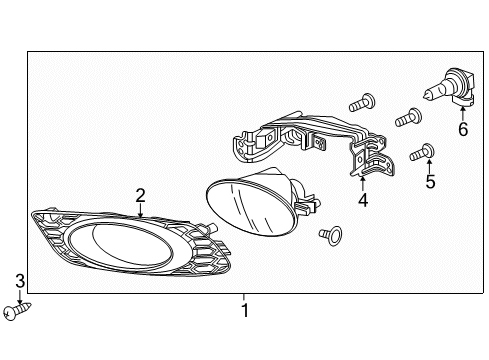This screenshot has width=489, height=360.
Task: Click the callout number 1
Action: pos(245,310)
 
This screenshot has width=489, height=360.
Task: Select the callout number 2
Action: pos(140,196)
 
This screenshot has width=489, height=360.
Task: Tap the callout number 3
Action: pos(20,281)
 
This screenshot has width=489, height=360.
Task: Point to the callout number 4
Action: pos(363,200)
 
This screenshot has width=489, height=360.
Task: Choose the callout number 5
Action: pos(430,181)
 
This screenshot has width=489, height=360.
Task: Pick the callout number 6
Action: pos(463,129)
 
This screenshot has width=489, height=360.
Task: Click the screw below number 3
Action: pos(16,311)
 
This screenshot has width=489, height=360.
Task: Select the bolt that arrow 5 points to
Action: pos(422,152)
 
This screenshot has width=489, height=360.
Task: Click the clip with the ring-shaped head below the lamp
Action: pos(330,235)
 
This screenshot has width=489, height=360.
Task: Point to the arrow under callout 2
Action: pos(140,210)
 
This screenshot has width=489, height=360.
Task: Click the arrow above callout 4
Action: pos(363,184)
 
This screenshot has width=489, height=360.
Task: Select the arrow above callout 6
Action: pos(463,113)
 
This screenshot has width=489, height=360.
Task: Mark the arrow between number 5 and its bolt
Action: pos(429,166)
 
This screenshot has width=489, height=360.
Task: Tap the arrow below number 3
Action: pos(20,297)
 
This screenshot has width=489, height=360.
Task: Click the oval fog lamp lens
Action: pos(251,208)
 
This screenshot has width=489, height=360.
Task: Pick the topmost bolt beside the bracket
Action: pos(362,102)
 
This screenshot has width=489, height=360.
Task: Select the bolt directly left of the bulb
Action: pos(408,118)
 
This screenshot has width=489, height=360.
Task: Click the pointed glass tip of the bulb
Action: pos(425,96)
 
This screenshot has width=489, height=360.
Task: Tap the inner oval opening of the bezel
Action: pos(121,246)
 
